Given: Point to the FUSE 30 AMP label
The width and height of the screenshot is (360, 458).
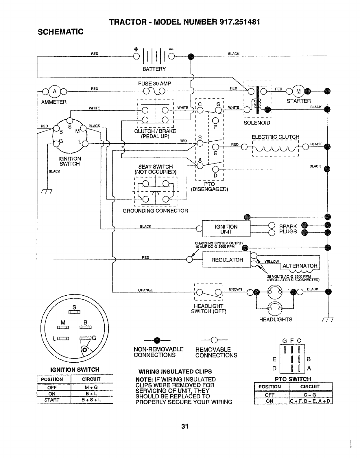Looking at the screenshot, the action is (x=155, y=84).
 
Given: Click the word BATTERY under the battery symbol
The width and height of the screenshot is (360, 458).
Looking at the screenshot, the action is (x=154, y=69).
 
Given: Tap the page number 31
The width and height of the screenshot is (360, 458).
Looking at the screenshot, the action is (x=185, y=427).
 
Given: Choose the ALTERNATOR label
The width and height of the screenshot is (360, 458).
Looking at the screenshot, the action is (x=300, y=266).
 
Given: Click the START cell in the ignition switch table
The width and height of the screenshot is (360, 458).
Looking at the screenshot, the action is (x=52, y=400).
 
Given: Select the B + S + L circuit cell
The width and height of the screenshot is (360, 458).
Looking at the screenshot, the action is (x=91, y=400).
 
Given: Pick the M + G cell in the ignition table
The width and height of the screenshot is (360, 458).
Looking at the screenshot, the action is (x=91, y=387).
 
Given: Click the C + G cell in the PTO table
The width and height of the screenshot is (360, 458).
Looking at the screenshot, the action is (x=310, y=395).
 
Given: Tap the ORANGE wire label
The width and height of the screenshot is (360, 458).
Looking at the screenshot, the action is (x=145, y=290).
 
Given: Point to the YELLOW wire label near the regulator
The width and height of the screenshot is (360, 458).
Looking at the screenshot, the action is (x=272, y=262).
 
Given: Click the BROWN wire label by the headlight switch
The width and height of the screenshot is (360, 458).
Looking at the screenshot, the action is (x=236, y=289).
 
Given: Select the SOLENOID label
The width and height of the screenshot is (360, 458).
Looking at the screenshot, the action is (x=257, y=123).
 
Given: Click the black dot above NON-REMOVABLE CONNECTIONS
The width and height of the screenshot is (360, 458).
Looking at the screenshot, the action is (x=157, y=340).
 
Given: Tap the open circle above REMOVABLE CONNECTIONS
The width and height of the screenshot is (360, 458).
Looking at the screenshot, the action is (x=214, y=340).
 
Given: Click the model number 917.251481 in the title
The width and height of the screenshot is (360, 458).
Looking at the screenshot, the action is (x=240, y=22).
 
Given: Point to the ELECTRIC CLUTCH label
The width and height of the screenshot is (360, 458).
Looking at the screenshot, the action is (x=276, y=137).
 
